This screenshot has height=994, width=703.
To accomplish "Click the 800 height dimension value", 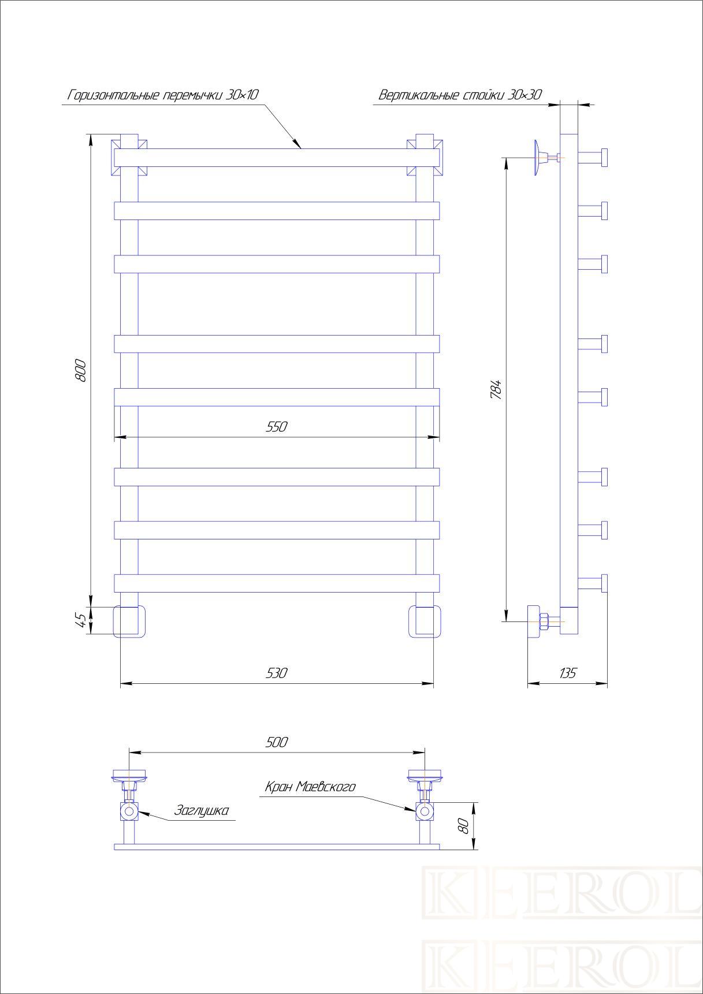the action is [x=81, y=370].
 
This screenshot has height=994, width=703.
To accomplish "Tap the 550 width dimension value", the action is [x=277, y=427].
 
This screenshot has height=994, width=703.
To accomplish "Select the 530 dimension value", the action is [x=277, y=673].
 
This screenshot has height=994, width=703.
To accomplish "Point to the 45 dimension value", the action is [x=81, y=620].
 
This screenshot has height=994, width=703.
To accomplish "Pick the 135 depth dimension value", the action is [x=568, y=673].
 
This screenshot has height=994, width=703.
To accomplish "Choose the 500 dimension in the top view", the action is [x=277, y=742].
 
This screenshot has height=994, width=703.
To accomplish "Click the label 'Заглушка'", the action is [x=202, y=811].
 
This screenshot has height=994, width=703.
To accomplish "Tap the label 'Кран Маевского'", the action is [x=310, y=787].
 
